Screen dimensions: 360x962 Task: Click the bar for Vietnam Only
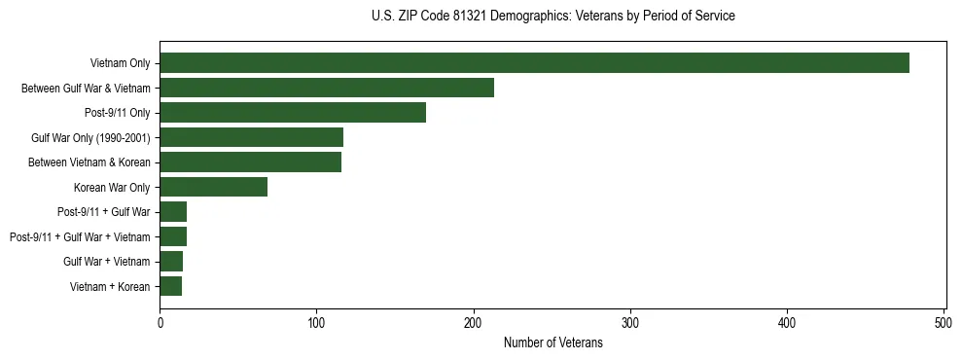pyautogui.click(x=534, y=63)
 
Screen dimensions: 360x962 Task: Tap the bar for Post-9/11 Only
pyautogui.click(x=293, y=113)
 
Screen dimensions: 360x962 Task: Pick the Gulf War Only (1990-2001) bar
pyautogui.click(x=251, y=137)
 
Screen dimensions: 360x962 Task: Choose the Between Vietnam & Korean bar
pyautogui.click(x=250, y=162)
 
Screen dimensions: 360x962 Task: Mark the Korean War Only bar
pyautogui.click(x=213, y=187)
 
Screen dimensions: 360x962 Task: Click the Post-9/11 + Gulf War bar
pyautogui.click(x=173, y=212)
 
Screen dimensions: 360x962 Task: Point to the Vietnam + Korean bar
pyautogui.click(x=171, y=286)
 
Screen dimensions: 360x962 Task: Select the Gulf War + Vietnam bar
pyautogui.click(x=171, y=261)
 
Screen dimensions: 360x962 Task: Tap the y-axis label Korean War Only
pyautogui.click(x=112, y=187)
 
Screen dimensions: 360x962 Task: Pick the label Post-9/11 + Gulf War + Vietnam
pyautogui.click(x=80, y=236)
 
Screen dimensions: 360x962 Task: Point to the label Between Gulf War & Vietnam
pyautogui.click(x=87, y=89)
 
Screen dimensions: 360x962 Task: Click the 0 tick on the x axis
pyautogui.click(x=160, y=321)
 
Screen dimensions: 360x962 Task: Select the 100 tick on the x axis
pyautogui.click(x=317, y=321)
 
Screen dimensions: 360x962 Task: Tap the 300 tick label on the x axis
pyautogui.click(x=630, y=321)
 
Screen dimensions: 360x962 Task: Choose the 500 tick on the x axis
pyautogui.click(x=944, y=321)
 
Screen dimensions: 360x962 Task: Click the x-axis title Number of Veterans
pyautogui.click(x=552, y=342)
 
